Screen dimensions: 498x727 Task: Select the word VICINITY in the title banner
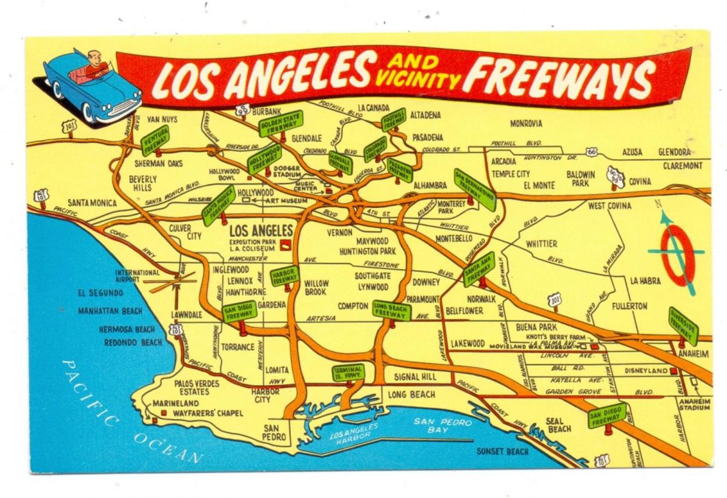click(417, 79)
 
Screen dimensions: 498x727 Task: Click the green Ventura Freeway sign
click(155, 140)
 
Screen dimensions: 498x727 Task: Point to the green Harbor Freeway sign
click(285, 276)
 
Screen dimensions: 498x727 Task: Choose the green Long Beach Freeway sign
click(391, 310)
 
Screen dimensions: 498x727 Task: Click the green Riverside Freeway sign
click(683, 326)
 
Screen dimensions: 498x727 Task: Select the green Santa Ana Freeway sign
click(479, 269)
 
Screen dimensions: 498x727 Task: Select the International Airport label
click(138, 276)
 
